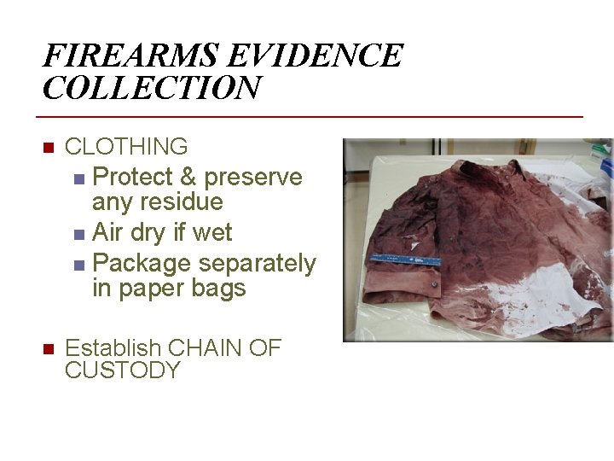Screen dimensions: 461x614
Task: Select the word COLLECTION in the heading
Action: coord(152,88)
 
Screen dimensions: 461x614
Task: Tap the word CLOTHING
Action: coord(126,147)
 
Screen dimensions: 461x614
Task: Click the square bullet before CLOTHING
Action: coord(49,148)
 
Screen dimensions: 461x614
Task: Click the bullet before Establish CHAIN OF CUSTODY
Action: coord(49,349)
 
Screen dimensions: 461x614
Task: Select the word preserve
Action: coord(253,178)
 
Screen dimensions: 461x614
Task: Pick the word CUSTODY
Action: coord(123,371)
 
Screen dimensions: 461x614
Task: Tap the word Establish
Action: coord(113,348)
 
